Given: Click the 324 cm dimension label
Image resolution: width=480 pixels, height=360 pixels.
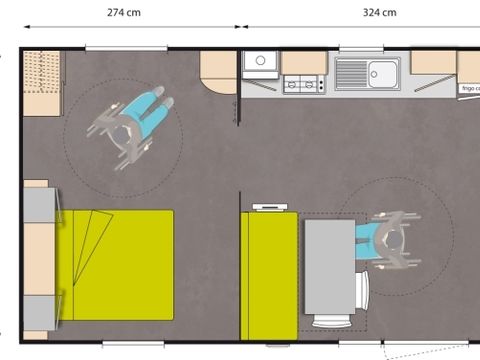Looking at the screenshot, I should [x=380, y=12].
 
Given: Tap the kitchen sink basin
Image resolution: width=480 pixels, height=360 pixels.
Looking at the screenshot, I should [x=382, y=72].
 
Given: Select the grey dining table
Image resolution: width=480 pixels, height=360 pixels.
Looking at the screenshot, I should [x=329, y=266].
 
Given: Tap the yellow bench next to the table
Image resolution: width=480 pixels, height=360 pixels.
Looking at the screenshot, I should [x=269, y=274].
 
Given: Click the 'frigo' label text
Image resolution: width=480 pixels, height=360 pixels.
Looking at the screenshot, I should [x=469, y=89].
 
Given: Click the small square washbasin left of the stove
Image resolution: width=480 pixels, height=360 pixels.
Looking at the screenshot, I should [x=260, y=62].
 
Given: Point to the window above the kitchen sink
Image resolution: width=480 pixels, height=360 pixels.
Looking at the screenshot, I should [x=361, y=48].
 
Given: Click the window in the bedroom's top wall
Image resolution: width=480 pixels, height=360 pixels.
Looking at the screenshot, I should [x=125, y=47].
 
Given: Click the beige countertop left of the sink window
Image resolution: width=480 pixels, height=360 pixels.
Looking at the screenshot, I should [x=303, y=62].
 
